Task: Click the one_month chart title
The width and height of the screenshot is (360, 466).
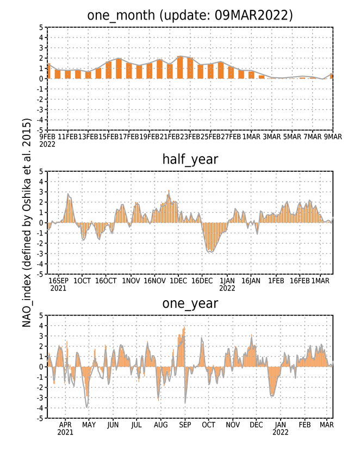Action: coord(190,15)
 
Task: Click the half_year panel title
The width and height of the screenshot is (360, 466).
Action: coord(190,159)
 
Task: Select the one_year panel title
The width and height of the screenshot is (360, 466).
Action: coord(190,303)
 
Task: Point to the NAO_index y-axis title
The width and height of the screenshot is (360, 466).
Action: coord(27,223)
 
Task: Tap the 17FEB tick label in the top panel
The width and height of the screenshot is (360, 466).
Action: coord(129,136)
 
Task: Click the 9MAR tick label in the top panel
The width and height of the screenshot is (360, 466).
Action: coord(333,136)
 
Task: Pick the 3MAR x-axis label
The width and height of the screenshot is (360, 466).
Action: coord(272,136)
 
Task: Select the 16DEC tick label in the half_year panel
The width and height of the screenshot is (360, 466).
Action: coord(202,281)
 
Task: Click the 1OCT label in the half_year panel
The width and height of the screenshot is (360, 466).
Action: coord(82,281)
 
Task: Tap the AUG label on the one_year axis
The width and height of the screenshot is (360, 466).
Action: coord(160,425)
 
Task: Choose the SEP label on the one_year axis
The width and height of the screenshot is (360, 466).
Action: coord(185,425)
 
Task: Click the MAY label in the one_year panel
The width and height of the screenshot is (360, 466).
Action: coord(89,425)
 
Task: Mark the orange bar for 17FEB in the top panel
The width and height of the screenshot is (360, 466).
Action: coord(119,69)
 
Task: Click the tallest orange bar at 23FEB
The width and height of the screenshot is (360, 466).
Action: coord(180,67)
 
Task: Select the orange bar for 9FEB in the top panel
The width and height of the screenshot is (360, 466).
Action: coord(49,71)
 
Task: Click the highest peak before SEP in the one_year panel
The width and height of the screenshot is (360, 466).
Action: coord(184,327)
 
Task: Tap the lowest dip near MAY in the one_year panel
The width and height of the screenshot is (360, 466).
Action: coord(86,407)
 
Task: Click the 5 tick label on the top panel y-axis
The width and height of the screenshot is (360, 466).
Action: coord(41,27)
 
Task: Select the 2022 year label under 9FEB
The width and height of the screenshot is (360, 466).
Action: coord(47,144)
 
